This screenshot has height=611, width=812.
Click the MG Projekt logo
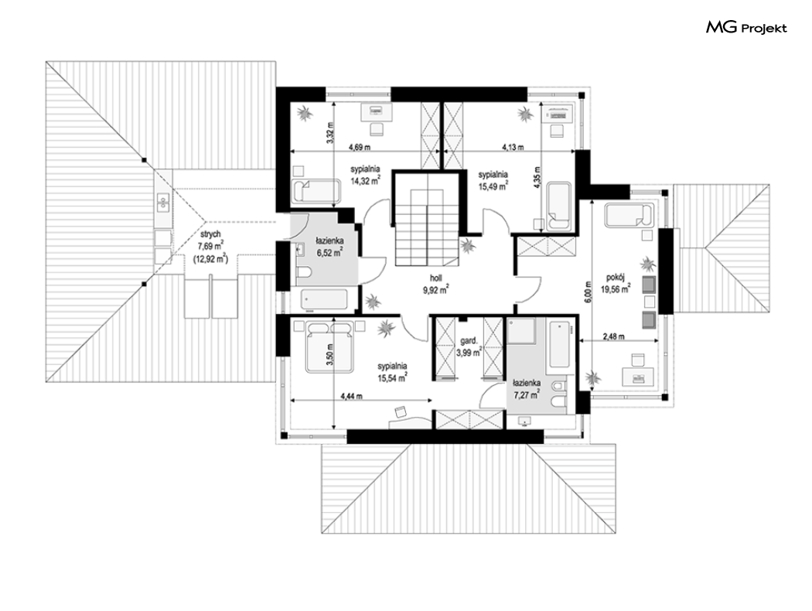(746, 27)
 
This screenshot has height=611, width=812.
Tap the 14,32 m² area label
(366, 181)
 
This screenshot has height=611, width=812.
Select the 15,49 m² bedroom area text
(493, 186)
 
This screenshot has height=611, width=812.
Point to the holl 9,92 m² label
(435, 285)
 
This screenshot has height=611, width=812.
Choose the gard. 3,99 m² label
(469, 347)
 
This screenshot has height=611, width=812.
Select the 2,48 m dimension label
(613, 336)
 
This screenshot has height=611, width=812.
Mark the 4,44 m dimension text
(351, 397)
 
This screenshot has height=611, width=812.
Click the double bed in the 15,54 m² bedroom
(329, 346)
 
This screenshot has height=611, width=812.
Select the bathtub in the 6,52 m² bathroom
(324, 299)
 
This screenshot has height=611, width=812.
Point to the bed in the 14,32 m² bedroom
(316, 191)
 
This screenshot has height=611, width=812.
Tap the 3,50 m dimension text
(335, 357)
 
